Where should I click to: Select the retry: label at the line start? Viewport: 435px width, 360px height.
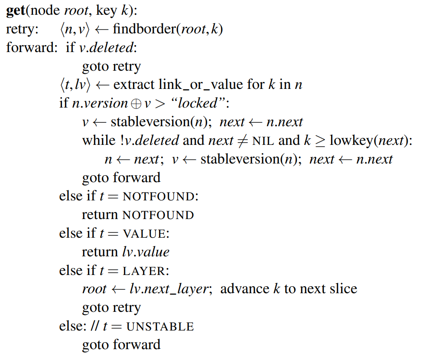[22, 29]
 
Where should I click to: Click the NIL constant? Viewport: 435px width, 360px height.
[263, 141]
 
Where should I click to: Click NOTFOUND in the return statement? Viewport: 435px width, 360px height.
[158, 215]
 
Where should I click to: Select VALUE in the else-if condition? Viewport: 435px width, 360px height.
[144, 234]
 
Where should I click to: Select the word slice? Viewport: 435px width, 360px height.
[342, 289]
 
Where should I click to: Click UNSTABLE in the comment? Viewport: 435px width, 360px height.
[160, 327]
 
